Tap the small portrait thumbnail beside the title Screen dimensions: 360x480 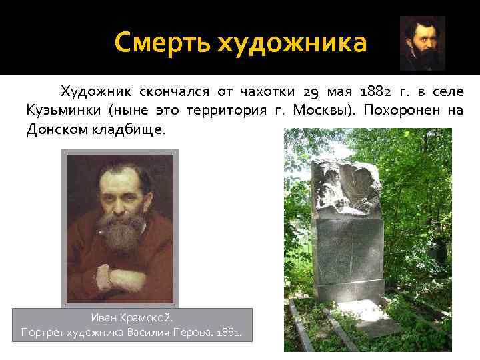(422, 43)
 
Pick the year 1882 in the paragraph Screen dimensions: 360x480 (378, 91)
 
